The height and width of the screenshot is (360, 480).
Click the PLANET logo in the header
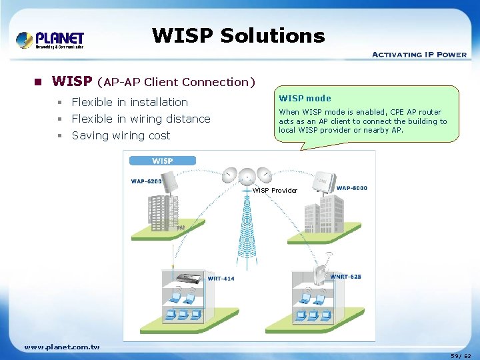[50, 40]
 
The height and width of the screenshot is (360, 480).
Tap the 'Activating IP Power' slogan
[419, 55]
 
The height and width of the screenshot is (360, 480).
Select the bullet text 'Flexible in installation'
[130, 102]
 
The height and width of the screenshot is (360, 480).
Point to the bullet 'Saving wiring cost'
[121, 135]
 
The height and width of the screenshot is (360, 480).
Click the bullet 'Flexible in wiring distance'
[141, 119]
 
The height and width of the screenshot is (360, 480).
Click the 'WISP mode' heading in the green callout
[305, 98]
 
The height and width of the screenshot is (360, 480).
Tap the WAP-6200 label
[146, 181]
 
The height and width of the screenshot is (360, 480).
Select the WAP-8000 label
[351, 188]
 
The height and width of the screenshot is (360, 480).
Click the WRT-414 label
[221, 279]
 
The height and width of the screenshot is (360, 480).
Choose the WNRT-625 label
[345, 277]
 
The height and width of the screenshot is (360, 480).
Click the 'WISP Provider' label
[275, 191]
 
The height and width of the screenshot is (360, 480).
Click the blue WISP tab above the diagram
[162, 161]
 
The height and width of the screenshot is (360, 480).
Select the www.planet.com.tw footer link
[61, 347]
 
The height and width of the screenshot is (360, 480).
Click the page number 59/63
[460, 356]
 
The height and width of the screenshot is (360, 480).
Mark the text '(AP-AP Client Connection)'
[176, 82]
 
